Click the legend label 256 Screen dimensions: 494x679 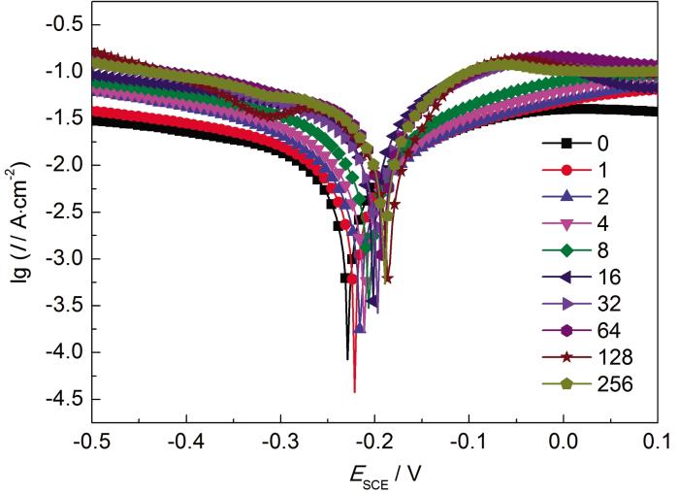615,384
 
